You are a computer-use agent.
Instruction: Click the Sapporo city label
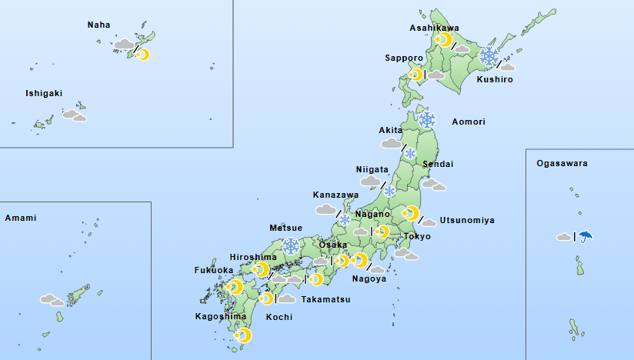(404, 58)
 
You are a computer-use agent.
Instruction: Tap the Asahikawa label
(434, 28)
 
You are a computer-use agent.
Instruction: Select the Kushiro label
(494, 79)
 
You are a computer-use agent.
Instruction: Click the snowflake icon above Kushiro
(489, 55)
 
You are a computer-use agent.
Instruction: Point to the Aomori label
(469, 122)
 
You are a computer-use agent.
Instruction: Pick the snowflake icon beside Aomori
(427, 120)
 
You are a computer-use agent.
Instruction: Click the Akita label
(391, 130)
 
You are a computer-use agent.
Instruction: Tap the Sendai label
(438, 164)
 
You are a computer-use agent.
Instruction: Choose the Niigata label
(372, 169)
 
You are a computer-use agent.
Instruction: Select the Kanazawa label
(334, 195)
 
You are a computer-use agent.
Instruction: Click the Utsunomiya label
(467, 220)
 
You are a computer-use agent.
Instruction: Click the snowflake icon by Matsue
(291, 246)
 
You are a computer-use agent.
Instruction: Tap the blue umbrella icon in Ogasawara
(586, 236)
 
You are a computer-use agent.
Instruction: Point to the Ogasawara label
(562, 164)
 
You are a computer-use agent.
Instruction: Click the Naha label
(98, 25)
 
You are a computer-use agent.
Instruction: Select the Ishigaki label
(44, 93)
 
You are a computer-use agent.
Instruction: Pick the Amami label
(21, 218)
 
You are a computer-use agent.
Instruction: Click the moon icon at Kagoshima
(243, 335)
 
